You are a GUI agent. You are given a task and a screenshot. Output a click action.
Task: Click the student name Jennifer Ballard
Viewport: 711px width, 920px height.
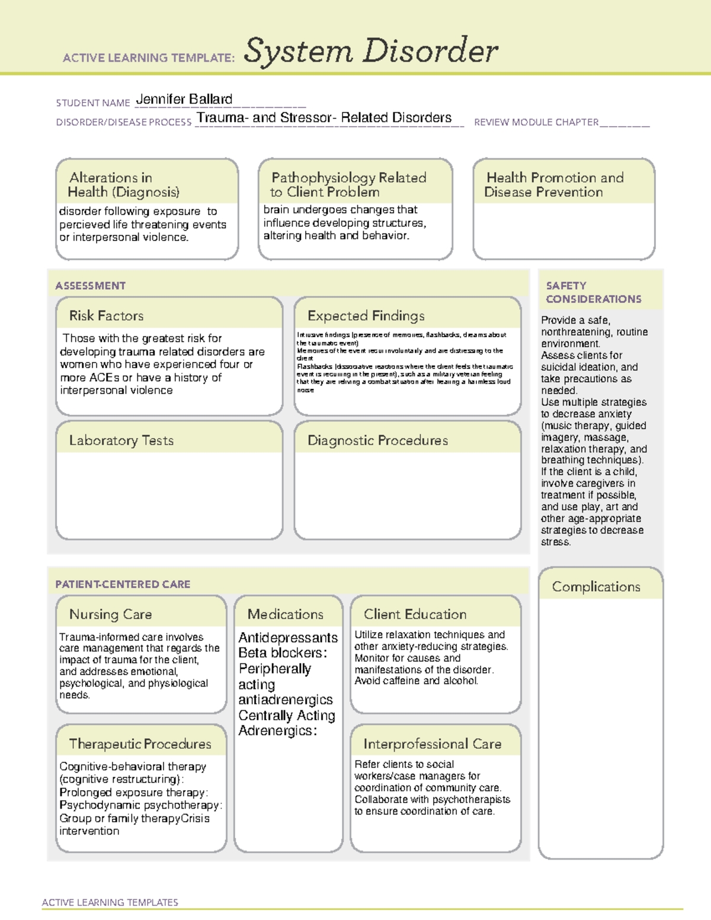[x=184, y=100]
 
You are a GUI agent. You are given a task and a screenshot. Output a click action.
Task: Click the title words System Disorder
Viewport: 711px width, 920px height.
[x=371, y=51]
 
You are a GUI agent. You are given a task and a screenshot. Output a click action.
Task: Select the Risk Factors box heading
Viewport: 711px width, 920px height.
[x=106, y=316]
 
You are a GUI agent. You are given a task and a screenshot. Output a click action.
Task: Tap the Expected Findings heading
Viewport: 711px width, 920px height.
[x=366, y=316]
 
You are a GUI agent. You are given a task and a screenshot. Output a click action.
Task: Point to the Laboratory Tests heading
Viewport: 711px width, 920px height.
[x=121, y=440]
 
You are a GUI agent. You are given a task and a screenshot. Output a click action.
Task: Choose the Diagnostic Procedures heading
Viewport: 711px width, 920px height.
[x=377, y=440]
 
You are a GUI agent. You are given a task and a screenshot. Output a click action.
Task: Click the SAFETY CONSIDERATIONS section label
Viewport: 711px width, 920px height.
[x=593, y=292]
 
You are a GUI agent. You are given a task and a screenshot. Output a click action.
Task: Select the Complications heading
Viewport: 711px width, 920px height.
[x=596, y=586]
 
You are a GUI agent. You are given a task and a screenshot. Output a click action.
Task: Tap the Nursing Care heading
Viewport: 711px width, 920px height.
[x=110, y=614]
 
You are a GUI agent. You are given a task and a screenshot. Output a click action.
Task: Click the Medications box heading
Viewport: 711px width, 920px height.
[x=286, y=614]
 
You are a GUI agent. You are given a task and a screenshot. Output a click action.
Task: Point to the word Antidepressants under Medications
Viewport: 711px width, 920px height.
[x=288, y=638]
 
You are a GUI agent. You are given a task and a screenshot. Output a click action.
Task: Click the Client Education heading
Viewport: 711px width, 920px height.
[x=415, y=614]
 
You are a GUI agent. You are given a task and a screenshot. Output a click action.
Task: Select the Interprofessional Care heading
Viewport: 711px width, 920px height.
[x=432, y=743]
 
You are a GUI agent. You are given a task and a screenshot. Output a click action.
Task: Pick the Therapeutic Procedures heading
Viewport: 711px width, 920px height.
[x=140, y=743]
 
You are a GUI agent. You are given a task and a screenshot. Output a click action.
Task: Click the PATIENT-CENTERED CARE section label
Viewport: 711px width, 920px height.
[x=123, y=584]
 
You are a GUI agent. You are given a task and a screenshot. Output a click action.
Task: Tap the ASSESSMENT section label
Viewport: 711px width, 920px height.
[x=90, y=286]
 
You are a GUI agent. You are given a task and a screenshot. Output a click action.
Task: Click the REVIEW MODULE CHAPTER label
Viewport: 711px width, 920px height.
[x=536, y=122]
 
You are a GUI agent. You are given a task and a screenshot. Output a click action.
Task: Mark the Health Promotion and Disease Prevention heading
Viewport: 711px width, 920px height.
[x=555, y=185]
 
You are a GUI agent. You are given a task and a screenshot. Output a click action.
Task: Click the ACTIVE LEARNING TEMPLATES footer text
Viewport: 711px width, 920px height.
[x=110, y=902]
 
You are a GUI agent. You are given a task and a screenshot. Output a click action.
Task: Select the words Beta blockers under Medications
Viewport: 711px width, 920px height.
[x=283, y=653]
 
